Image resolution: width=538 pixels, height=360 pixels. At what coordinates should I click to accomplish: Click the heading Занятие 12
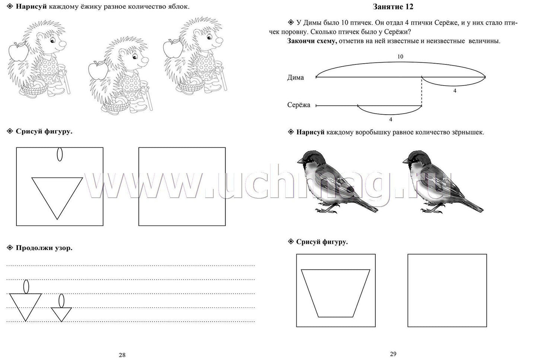[393, 7]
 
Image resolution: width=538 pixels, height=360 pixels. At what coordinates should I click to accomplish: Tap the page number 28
[122, 355]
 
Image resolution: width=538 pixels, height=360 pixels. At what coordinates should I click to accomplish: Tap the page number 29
[393, 354]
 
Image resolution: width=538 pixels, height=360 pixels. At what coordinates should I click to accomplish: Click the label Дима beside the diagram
[295, 77]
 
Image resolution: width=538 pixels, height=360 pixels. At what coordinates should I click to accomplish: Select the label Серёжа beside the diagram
[299, 105]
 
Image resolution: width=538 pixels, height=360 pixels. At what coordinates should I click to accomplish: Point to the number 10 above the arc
[400, 57]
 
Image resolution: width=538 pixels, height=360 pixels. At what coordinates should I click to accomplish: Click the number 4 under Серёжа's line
[391, 120]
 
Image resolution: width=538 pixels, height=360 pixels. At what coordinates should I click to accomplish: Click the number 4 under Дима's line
[455, 91]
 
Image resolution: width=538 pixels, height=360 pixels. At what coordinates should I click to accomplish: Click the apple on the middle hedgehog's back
[98, 70]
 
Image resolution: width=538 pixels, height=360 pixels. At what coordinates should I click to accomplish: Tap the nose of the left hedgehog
[63, 44]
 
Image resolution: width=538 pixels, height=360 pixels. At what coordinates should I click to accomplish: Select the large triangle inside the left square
[57, 198]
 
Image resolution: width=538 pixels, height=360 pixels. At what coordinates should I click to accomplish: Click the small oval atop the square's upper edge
[60, 154]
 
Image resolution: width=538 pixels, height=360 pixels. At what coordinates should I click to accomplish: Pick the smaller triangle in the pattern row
[61, 314]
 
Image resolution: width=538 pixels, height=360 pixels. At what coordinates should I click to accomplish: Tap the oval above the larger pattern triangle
[26, 287]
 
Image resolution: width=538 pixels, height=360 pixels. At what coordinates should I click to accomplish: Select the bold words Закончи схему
[312, 41]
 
